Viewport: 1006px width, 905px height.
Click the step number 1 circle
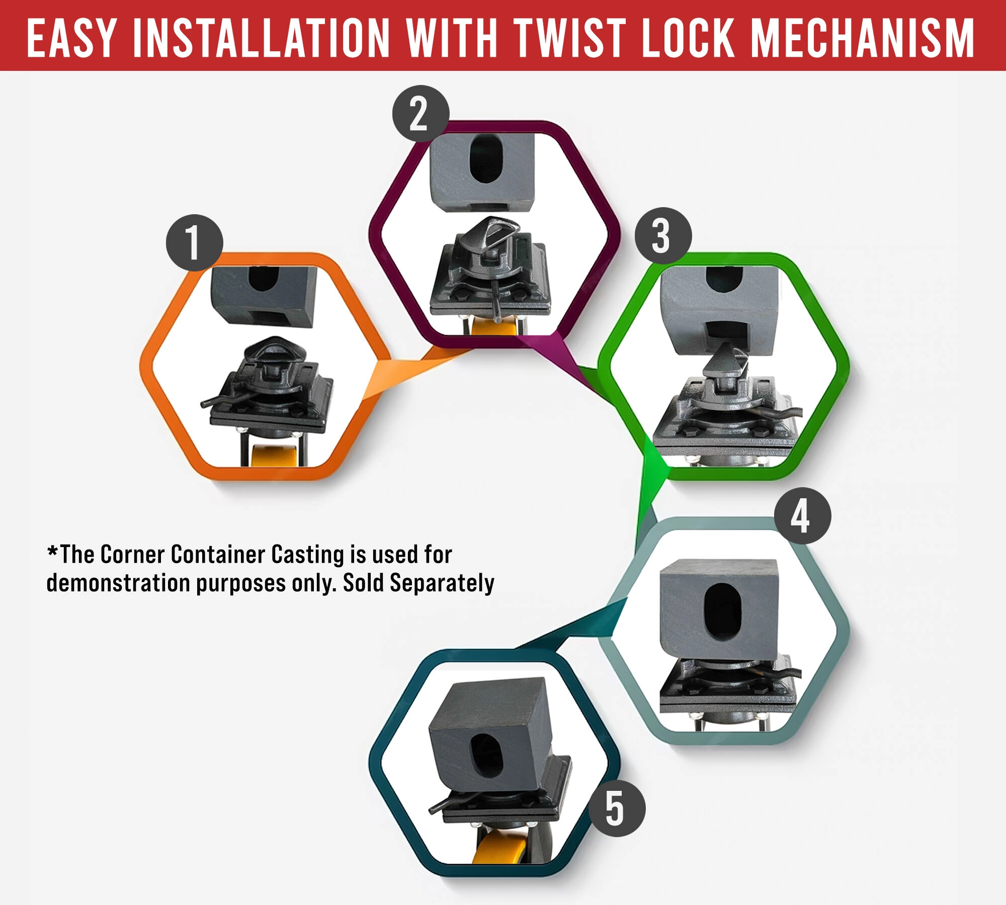tap(195, 243)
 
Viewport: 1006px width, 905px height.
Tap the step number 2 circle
tap(421, 114)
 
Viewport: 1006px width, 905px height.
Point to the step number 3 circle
tap(663, 236)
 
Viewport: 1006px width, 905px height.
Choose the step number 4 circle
tap(802, 516)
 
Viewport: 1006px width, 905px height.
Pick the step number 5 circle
tap(617, 808)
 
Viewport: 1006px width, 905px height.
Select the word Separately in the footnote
tap(442, 583)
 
